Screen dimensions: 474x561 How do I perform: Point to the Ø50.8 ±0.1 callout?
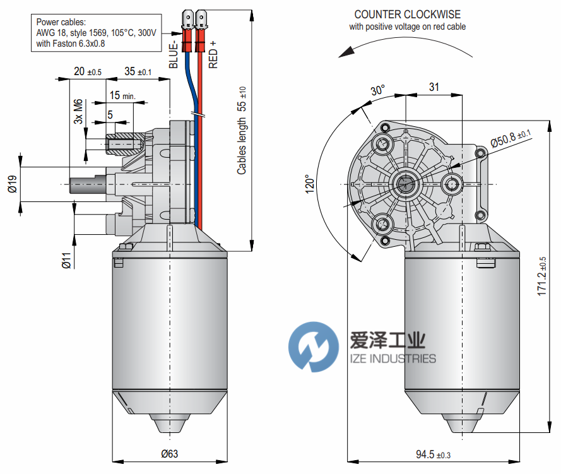511,134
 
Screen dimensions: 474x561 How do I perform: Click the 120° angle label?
309,184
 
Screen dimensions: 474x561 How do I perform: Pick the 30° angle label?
377,90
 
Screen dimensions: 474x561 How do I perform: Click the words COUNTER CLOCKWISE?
407,15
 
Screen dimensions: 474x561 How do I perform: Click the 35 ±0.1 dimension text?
138,71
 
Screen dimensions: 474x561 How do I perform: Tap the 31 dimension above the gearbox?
434,87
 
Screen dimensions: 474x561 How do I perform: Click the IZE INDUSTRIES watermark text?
393,358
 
